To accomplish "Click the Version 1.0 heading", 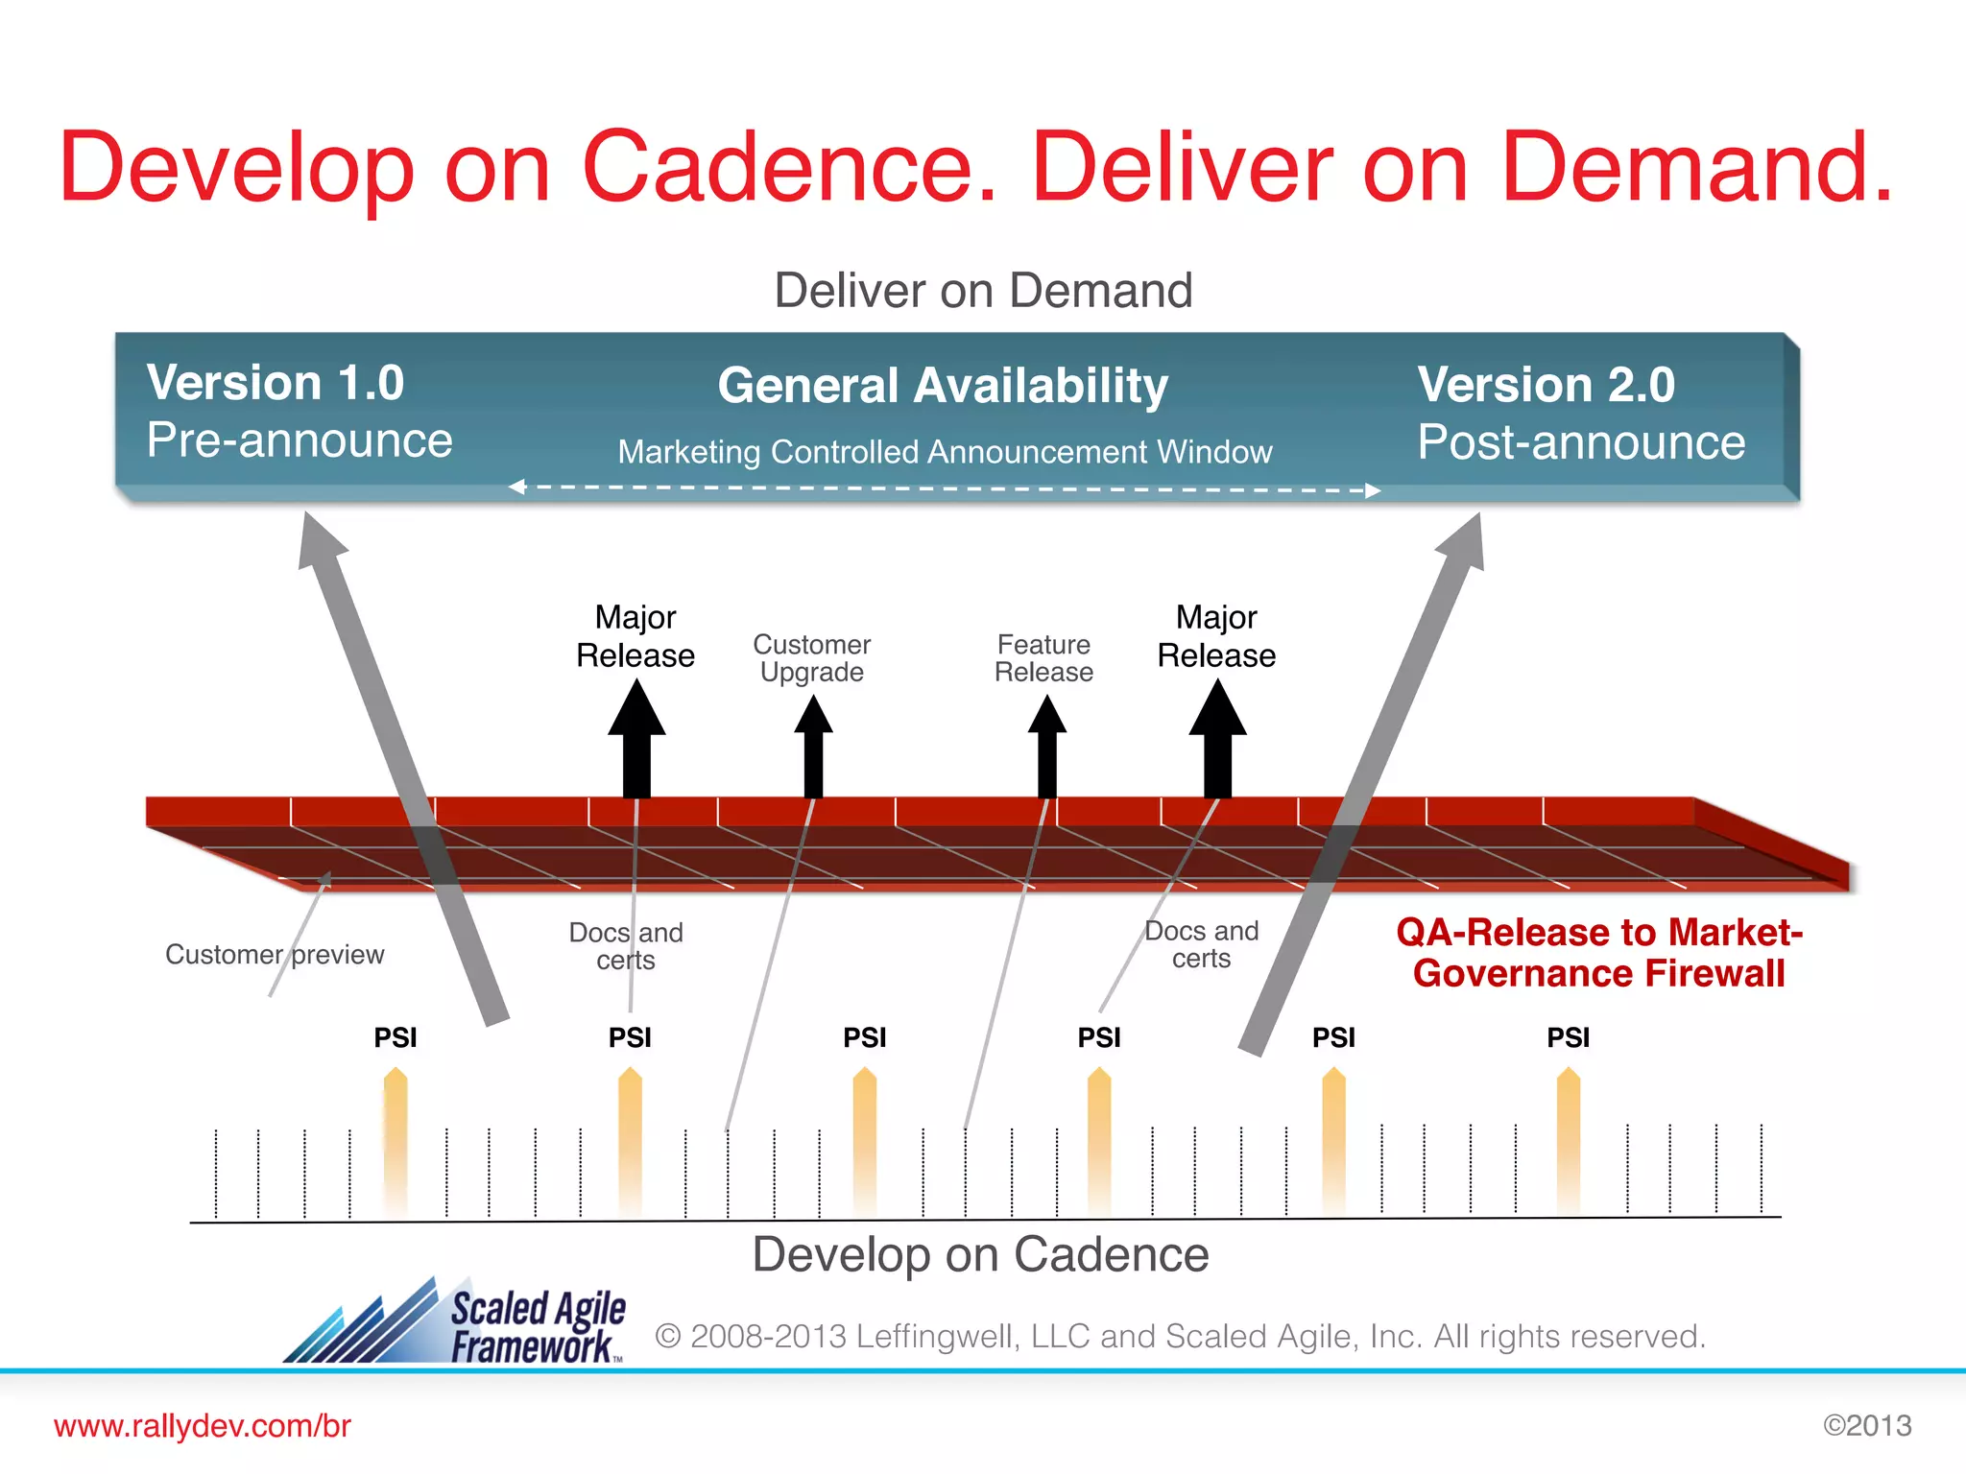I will [276, 383].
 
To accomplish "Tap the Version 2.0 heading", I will [1546, 385].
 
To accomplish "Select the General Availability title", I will [943, 386].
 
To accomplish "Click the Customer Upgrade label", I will [812, 657].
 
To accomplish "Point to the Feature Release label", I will [1043, 657].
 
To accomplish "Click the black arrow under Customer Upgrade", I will [813, 747].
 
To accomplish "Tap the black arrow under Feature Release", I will [1047, 747].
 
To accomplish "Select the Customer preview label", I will [275, 954].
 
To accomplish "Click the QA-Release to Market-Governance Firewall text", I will [1599, 952].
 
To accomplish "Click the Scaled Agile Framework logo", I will [457, 1322].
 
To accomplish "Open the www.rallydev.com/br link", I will [203, 1426].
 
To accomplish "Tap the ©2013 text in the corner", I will [1867, 1426].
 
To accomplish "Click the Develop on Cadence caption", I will [980, 1254].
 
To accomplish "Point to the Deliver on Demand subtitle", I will [983, 290].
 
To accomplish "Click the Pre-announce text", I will [300, 440].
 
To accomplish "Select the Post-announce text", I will [1581, 442].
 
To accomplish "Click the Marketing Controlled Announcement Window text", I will [945, 451].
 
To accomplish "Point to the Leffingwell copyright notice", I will [1180, 1336].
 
